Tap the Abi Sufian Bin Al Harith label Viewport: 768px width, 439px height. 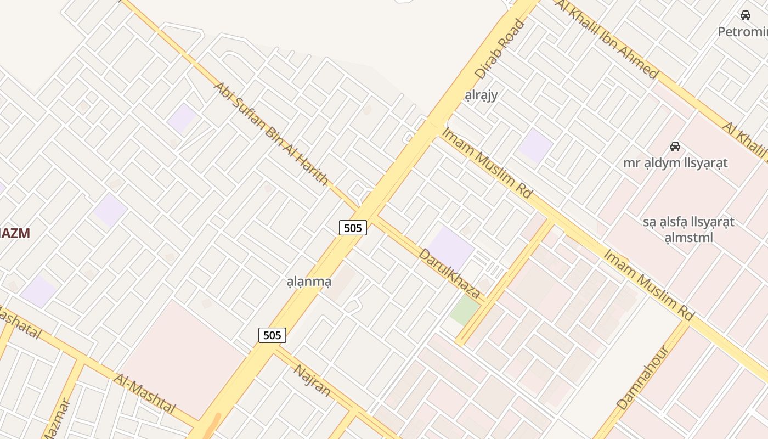(x=271, y=134)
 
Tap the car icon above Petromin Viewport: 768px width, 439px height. (x=745, y=15)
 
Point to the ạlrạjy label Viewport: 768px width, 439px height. (x=481, y=95)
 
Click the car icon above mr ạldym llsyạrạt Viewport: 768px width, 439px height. (x=675, y=147)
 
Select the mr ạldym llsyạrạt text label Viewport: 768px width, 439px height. (x=675, y=163)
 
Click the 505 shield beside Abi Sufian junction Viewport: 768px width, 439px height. (x=353, y=228)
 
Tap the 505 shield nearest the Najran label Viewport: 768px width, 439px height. (x=272, y=335)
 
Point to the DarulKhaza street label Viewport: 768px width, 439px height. (x=449, y=273)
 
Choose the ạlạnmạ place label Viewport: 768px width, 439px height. (x=309, y=282)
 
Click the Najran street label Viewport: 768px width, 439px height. (x=312, y=380)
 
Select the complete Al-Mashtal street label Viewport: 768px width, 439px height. (x=144, y=393)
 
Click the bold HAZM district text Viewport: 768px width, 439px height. (x=14, y=233)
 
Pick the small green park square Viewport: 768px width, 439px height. (x=464, y=309)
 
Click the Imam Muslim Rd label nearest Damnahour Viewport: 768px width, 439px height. (x=649, y=285)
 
